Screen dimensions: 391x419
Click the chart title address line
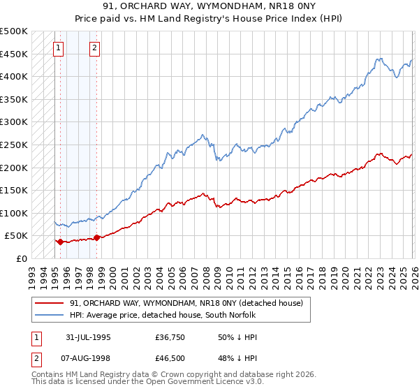[209, 7]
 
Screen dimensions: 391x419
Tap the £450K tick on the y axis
[14, 54]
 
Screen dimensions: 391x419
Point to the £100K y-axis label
[14, 213]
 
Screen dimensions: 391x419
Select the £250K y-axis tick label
[14, 145]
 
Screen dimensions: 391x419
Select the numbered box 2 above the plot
[94, 48]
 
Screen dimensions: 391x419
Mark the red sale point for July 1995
[60, 242]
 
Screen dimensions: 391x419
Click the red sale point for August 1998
[96, 237]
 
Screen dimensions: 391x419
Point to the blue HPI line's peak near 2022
[378, 59]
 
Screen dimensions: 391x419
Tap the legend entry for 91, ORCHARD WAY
[186, 303]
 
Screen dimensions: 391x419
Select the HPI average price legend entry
[163, 316]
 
